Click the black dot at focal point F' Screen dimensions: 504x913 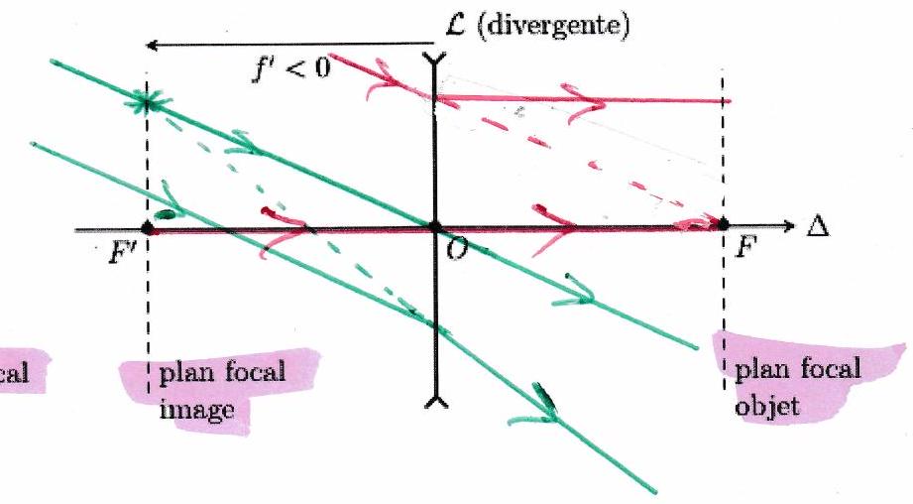147,226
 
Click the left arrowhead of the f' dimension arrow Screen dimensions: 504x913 150,45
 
